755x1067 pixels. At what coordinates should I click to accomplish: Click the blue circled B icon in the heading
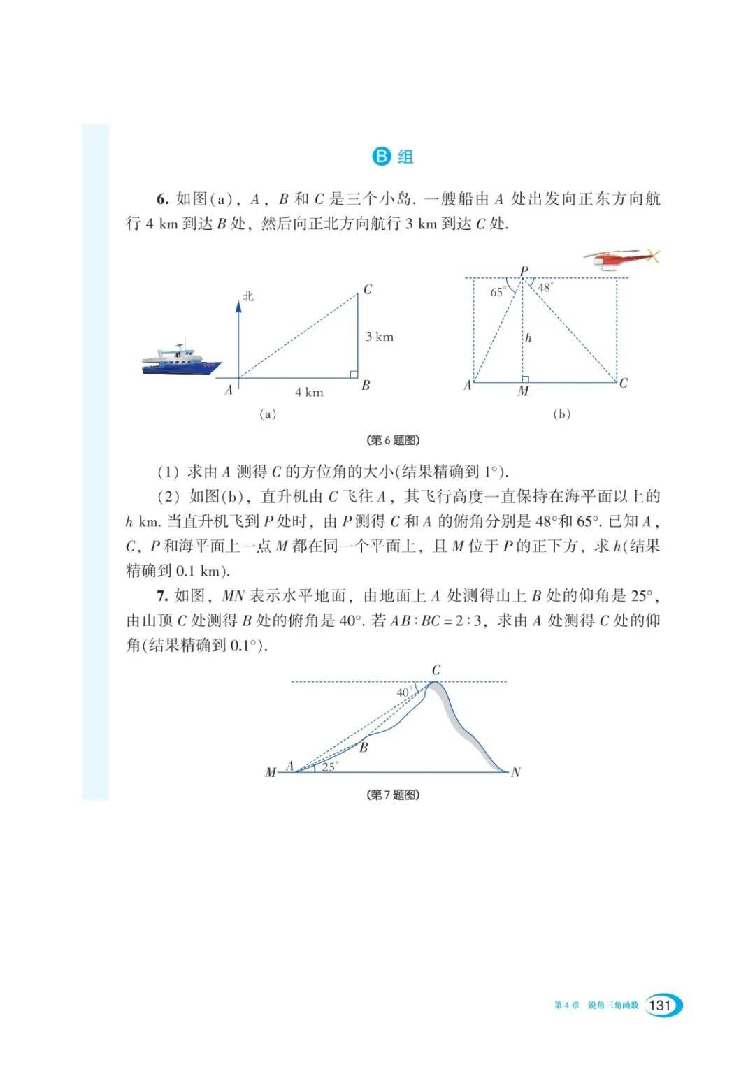click(x=381, y=156)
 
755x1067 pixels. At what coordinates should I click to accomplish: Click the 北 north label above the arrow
click(x=248, y=296)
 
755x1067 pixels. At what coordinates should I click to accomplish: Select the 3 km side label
click(x=380, y=337)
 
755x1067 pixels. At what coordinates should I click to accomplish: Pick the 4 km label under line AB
click(x=309, y=393)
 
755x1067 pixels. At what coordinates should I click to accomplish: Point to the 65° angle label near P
click(x=498, y=293)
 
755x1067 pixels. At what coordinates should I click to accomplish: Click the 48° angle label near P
click(x=545, y=287)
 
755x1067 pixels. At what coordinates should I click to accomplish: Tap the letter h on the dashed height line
click(x=528, y=338)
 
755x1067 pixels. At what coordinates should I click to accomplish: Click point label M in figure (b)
click(x=523, y=392)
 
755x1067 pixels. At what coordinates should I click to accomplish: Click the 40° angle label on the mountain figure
click(x=404, y=692)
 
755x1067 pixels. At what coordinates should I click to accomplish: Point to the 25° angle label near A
click(x=329, y=767)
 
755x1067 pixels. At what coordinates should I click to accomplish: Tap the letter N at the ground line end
click(x=516, y=772)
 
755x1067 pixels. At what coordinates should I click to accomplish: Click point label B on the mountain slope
click(x=364, y=748)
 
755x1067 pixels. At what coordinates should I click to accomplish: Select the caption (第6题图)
click(x=393, y=440)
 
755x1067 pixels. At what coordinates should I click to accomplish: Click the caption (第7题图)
click(x=393, y=794)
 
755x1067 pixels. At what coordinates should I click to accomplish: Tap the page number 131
click(x=659, y=1006)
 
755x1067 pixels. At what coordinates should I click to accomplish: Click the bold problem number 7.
click(x=161, y=595)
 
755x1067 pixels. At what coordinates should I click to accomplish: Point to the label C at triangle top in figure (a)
click(x=368, y=289)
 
